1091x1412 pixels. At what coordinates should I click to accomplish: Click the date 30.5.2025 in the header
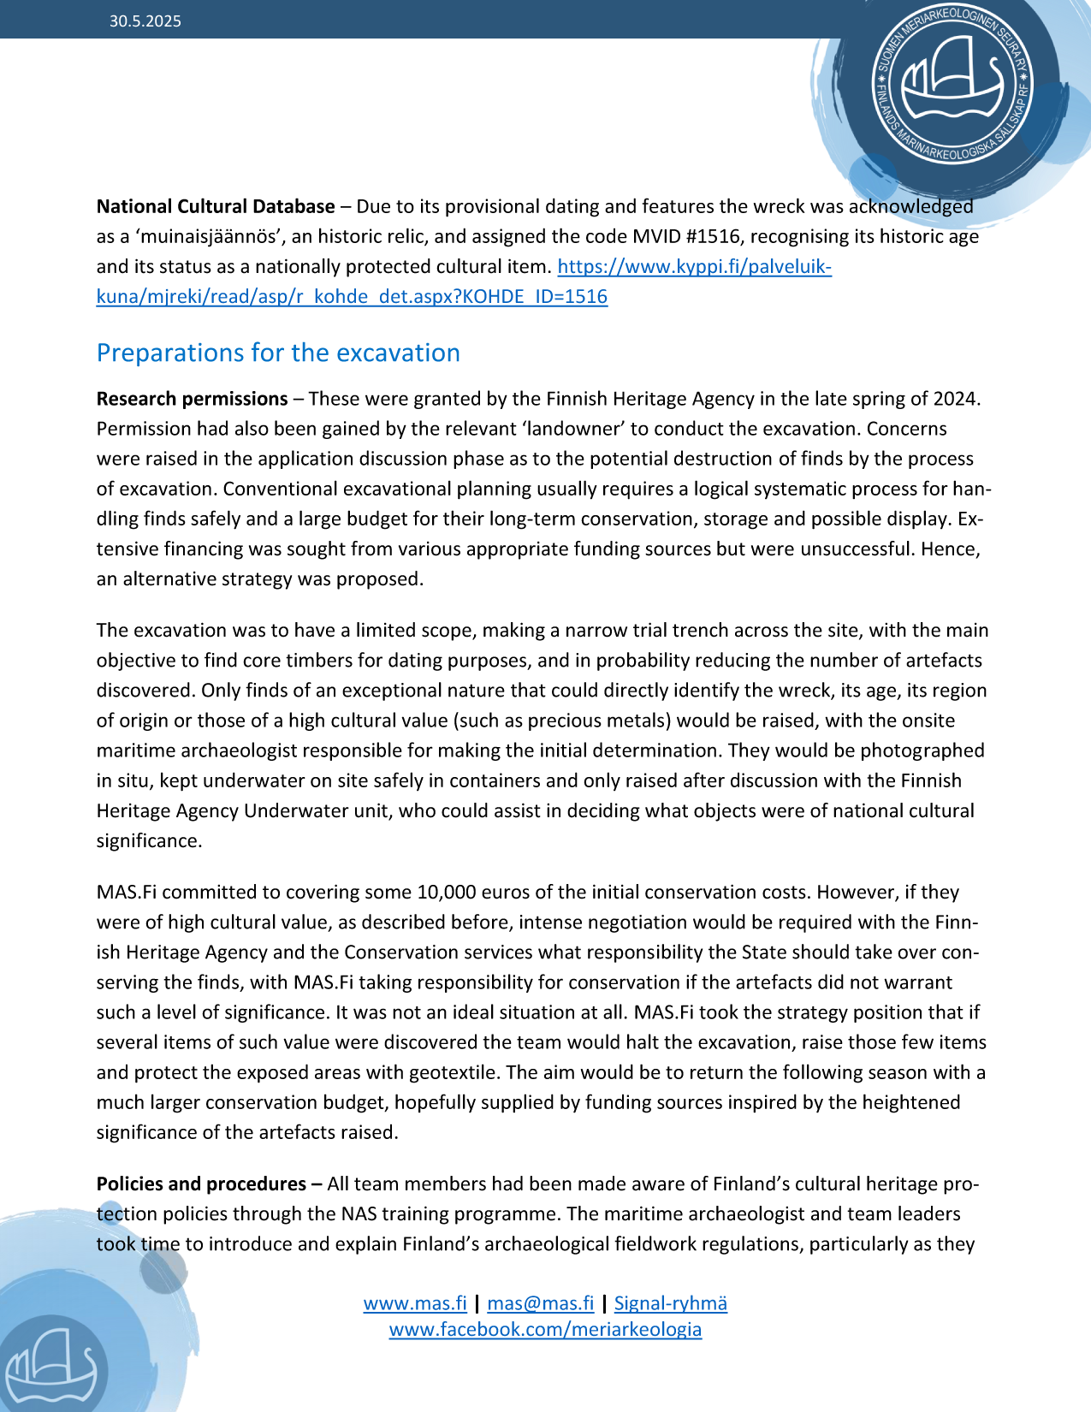145,21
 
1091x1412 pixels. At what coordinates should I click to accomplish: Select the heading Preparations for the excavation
278,353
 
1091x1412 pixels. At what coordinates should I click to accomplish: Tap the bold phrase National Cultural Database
216,206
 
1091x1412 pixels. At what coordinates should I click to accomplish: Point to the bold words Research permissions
192,399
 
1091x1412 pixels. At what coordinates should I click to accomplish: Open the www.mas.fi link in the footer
415,1303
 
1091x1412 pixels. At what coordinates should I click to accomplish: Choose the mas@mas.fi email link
540,1303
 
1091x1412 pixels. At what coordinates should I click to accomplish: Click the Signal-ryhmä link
670,1303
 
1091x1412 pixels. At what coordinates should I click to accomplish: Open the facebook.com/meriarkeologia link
545,1329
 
